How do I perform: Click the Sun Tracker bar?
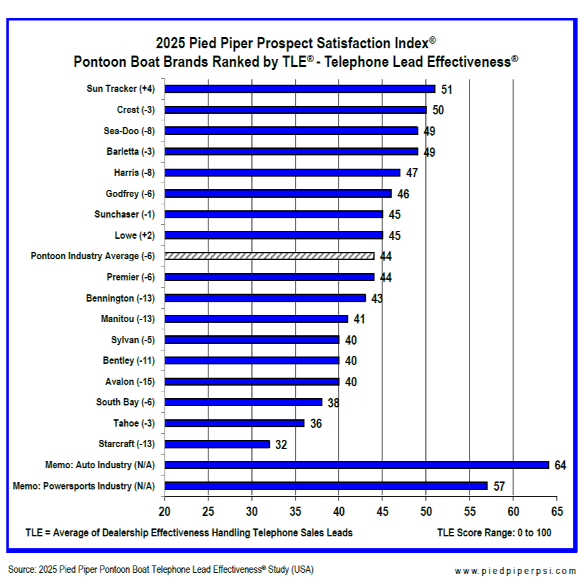click(300, 89)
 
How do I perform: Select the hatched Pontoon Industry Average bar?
click(269, 256)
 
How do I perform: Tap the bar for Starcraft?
click(217, 444)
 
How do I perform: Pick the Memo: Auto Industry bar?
click(356, 465)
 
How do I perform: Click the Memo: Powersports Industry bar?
click(326, 486)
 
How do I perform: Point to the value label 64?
click(560, 466)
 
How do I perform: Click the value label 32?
click(281, 445)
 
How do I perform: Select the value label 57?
click(499, 487)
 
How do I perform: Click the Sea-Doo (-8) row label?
click(130, 131)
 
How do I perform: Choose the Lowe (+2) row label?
click(135, 235)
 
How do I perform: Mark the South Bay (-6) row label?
click(126, 402)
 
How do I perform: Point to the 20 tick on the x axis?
click(165, 511)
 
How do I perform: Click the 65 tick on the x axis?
click(557, 511)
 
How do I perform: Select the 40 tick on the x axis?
click(339, 511)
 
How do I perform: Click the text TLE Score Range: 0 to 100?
click(494, 532)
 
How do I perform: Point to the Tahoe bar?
click(234, 423)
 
